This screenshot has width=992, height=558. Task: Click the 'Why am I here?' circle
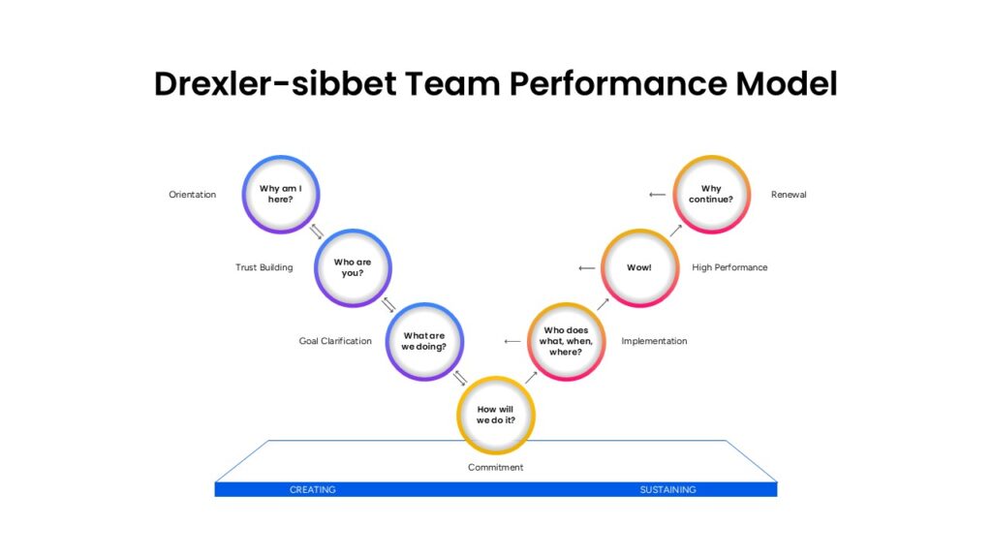tap(280, 195)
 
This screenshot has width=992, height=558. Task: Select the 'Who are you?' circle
tap(353, 267)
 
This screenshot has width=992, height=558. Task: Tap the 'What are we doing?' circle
tap(424, 341)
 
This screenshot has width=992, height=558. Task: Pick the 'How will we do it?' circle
tap(496, 415)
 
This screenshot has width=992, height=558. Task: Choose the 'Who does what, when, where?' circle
tap(567, 341)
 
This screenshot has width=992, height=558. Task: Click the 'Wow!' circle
tap(639, 267)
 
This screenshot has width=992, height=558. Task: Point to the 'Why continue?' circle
tap(711, 195)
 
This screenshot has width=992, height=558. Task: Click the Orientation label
tap(193, 195)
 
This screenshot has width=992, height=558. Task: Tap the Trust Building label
tap(264, 267)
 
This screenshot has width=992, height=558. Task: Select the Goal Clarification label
tap(335, 341)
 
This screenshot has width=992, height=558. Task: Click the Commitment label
tap(496, 467)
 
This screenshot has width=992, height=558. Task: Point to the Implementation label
tap(654, 341)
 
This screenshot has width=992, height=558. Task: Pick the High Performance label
tap(729, 267)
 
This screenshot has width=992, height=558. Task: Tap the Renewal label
tap(789, 195)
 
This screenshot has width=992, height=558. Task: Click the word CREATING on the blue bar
tap(313, 490)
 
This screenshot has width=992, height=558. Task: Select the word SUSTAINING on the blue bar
tap(667, 490)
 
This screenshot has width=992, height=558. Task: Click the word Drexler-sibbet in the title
tap(275, 84)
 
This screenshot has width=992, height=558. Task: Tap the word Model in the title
tap(786, 84)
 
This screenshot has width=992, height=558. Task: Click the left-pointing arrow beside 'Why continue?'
tap(657, 195)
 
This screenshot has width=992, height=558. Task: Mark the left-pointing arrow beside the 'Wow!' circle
tap(586, 268)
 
